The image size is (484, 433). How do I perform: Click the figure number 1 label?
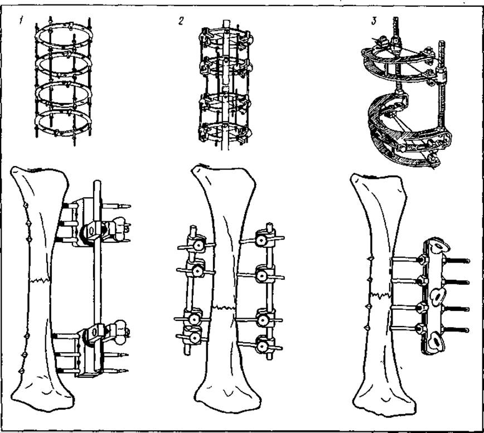pos(21,21)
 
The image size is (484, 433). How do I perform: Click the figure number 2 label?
pos(181,21)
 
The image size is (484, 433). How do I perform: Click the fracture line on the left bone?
pos(40,280)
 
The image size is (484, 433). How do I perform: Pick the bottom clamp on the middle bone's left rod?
pos(195,338)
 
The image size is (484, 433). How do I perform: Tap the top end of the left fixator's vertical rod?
pos(97,182)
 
